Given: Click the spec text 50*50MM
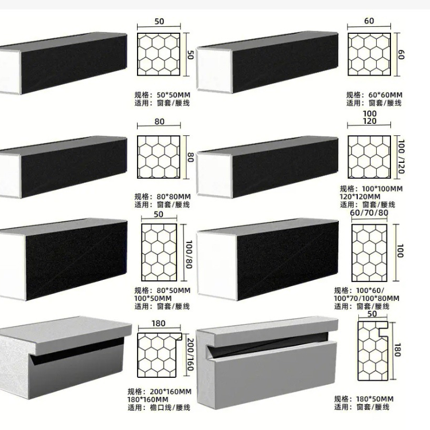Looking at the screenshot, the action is pyautogui.click(x=173, y=95).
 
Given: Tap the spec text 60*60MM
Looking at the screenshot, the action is pyautogui.click(x=385, y=95).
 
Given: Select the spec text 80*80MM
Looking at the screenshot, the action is pyautogui.click(x=174, y=197).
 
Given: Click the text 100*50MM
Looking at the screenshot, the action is pyautogui.click(x=153, y=298).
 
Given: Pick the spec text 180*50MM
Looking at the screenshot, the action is pyautogui.click(x=375, y=399).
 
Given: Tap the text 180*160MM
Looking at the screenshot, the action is pyautogui.click(x=148, y=400).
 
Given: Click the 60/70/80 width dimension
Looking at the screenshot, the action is pyautogui.click(x=369, y=213).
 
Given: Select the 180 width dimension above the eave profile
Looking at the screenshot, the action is pyautogui.click(x=158, y=323).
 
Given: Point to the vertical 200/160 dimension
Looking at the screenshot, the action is pyautogui.click(x=190, y=354).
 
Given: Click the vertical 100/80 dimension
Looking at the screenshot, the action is pyautogui.click(x=189, y=254).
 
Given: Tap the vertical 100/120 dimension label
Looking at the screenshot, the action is pyautogui.click(x=401, y=157).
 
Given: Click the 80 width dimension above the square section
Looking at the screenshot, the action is pyautogui.click(x=159, y=122).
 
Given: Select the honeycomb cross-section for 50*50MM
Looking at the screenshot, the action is pyautogui.click(x=159, y=54).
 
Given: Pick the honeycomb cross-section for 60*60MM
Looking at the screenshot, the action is pyautogui.click(x=369, y=54).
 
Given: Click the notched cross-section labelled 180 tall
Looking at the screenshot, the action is pyautogui.click(x=373, y=351).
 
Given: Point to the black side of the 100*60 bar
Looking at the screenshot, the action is pyautogui.click(x=288, y=260).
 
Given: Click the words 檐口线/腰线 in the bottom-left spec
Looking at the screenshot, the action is pyautogui.click(x=170, y=408).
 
